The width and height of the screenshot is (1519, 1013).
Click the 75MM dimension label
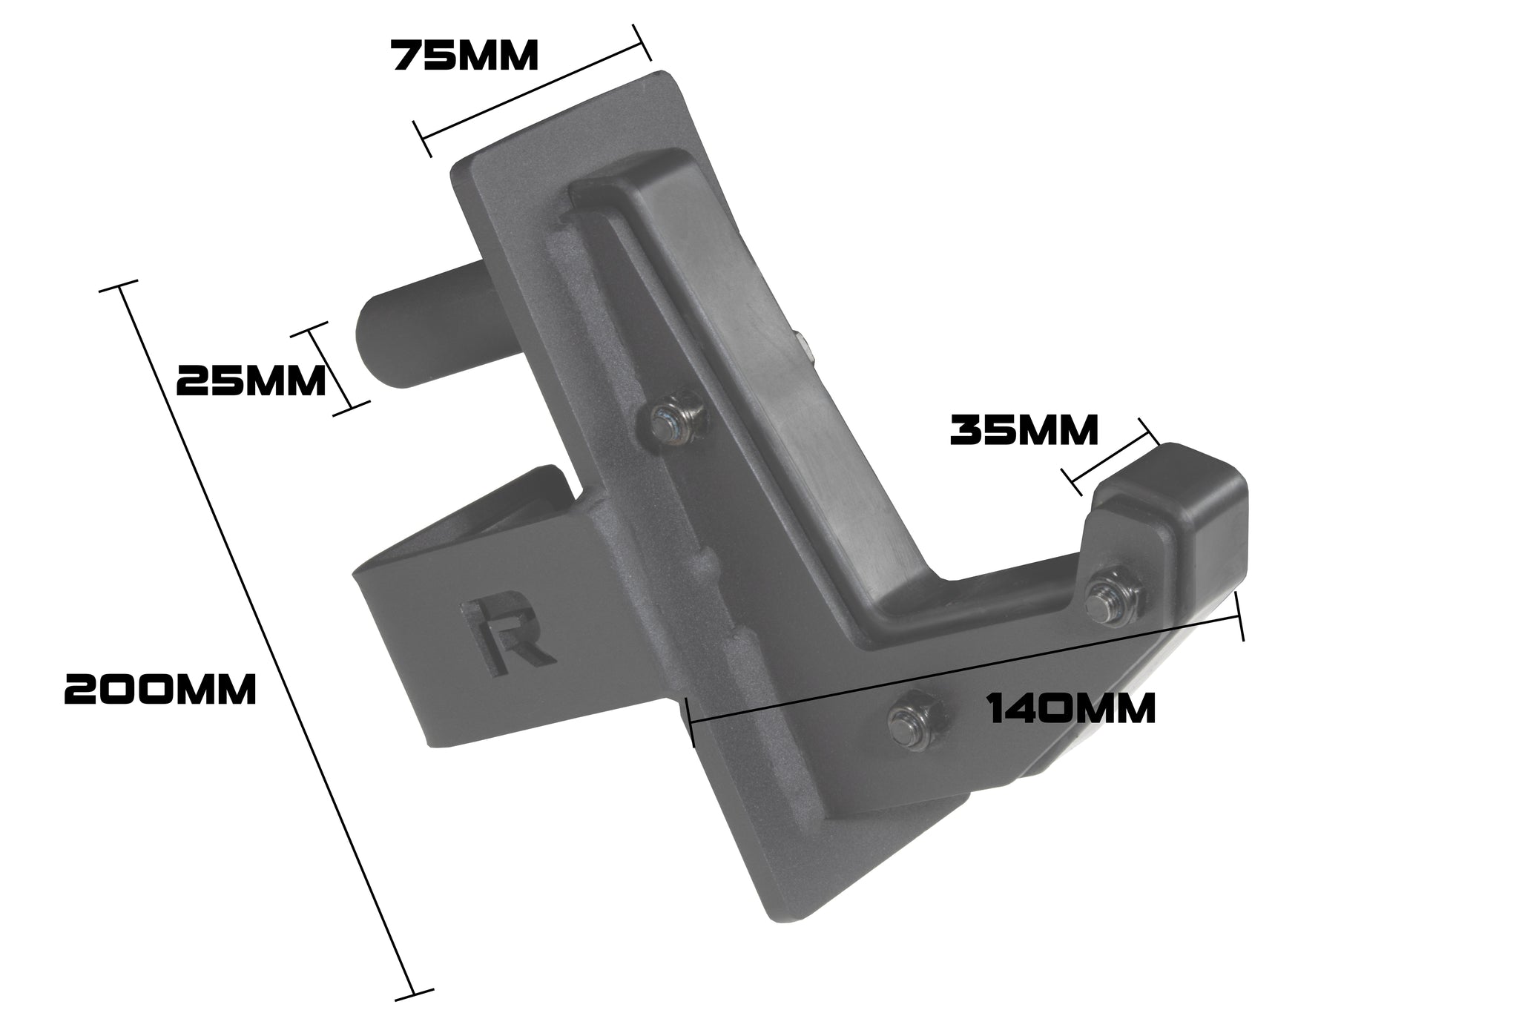pos(465,56)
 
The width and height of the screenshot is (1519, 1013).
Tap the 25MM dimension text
pos(251,382)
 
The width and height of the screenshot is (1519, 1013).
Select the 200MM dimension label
pos(160,690)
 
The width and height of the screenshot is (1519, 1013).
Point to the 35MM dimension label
pos(1024,431)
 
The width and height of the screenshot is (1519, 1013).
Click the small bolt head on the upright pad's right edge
pos(803,346)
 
